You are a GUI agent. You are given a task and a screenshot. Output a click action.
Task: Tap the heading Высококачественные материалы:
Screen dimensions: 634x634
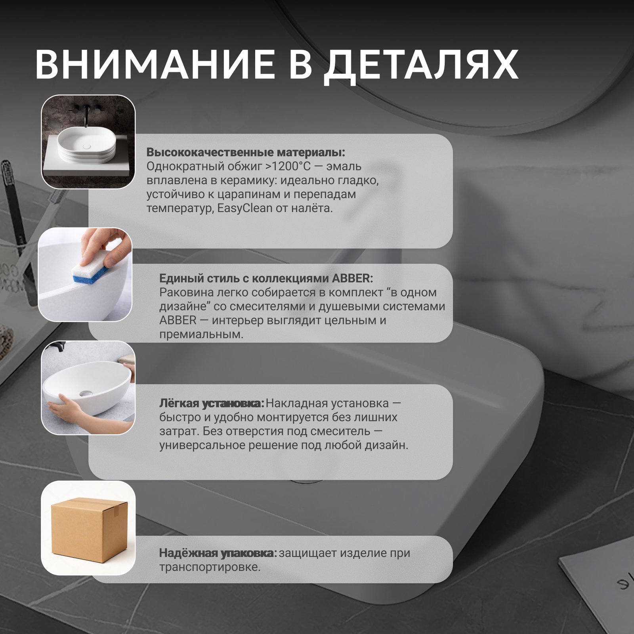click(246, 153)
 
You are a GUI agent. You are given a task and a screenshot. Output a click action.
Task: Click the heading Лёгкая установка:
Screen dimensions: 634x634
click(212, 403)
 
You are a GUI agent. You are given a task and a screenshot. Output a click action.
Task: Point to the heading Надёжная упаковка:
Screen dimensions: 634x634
click(218, 553)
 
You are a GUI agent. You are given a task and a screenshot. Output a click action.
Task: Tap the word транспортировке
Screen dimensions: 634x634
click(210, 567)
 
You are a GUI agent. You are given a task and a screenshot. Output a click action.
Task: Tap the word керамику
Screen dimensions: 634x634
click(255, 181)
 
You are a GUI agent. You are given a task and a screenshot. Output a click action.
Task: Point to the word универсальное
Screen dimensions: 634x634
click(202, 445)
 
